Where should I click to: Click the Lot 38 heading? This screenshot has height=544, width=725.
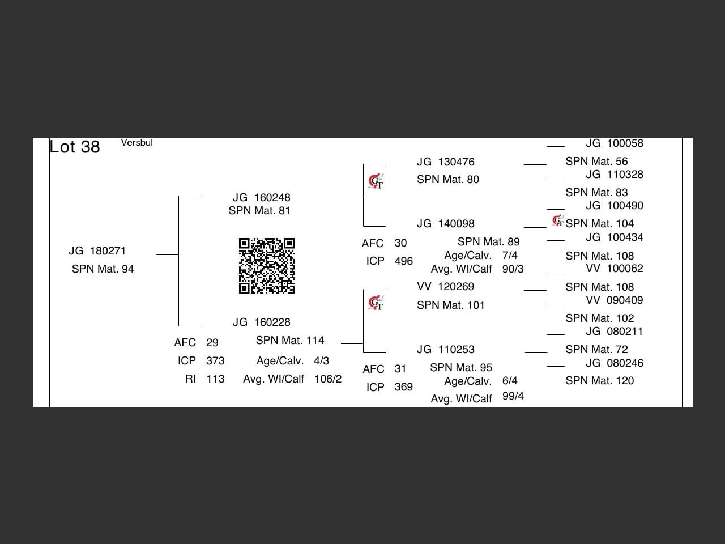click(75, 147)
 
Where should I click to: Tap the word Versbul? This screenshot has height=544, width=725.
click(137, 143)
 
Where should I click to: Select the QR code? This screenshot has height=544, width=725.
click(266, 266)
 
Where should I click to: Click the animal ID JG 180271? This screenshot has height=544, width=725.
click(97, 251)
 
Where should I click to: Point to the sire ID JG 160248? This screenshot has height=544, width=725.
click(261, 197)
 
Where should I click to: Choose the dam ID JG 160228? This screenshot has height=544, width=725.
click(261, 322)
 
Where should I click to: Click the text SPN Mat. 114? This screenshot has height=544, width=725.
click(289, 341)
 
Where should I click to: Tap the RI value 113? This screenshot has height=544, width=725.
click(215, 379)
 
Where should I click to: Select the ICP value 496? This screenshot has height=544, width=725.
click(403, 261)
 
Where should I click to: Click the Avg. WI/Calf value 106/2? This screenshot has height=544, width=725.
click(328, 379)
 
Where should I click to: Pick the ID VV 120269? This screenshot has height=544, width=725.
click(445, 287)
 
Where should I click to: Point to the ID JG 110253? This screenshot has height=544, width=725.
click(445, 350)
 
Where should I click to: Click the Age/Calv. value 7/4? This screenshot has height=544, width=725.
click(510, 256)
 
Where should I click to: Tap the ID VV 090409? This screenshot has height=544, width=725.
click(615, 300)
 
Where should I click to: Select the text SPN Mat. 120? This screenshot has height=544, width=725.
click(599, 381)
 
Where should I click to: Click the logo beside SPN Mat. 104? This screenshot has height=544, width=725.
click(558, 220)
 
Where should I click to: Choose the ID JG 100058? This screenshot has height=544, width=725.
click(615, 143)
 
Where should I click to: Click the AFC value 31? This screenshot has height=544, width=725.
click(400, 369)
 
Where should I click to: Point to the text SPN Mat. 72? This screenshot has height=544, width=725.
click(596, 350)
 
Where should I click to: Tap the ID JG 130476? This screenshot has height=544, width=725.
click(445, 162)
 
